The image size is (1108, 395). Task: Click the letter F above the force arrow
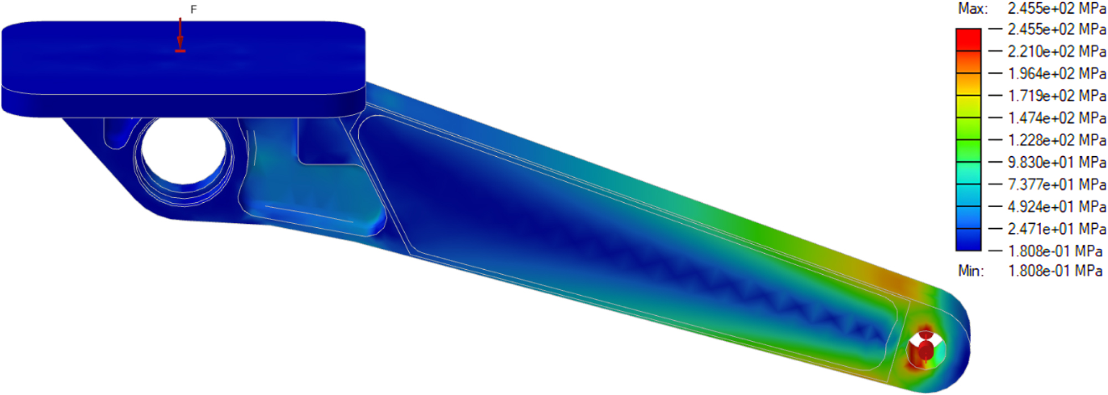pos(193,9)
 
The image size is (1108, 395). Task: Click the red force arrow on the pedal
pos(180,36)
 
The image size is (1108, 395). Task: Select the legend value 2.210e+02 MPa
pos(1057,52)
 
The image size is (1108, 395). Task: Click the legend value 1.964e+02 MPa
pos(1057,74)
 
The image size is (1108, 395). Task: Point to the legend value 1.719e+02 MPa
pos(1057,96)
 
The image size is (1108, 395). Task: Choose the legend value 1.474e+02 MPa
pos(1057,118)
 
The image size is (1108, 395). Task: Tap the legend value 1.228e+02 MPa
pos(1057,140)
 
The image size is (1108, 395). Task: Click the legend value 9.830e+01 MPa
pos(1057,162)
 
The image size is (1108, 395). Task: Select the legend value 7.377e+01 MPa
pos(1057,184)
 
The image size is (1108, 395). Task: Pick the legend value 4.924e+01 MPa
pos(1057,207)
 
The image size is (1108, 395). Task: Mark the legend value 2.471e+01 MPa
pos(1057,229)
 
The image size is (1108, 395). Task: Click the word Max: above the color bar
pos(973,9)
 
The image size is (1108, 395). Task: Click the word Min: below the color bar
pos(971,271)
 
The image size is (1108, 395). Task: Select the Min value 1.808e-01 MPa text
pos(1055,271)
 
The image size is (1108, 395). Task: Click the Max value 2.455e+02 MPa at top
pos(1057,9)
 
